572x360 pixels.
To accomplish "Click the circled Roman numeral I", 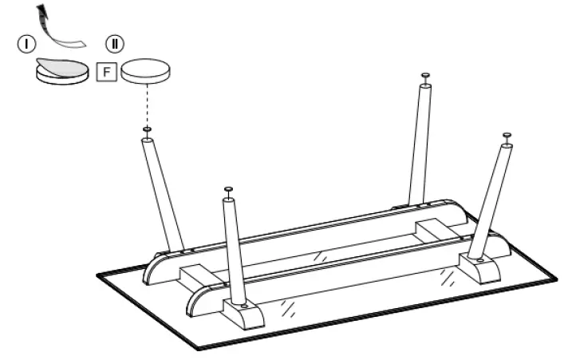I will pyautogui.click(x=27, y=44).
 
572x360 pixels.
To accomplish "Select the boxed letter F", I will pyautogui.click(x=106, y=71).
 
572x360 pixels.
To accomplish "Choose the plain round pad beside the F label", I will pyautogui.click(x=145, y=71).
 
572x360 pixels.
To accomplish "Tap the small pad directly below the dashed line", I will pyautogui.click(x=148, y=129).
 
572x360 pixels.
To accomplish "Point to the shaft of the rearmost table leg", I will pyautogui.click(x=418, y=144).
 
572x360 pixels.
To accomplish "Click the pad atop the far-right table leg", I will pyautogui.click(x=506, y=136).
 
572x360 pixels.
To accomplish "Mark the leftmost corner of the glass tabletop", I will pyautogui.click(x=98, y=274).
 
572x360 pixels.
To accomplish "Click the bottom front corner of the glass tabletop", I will pyautogui.click(x=197, y=348).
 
